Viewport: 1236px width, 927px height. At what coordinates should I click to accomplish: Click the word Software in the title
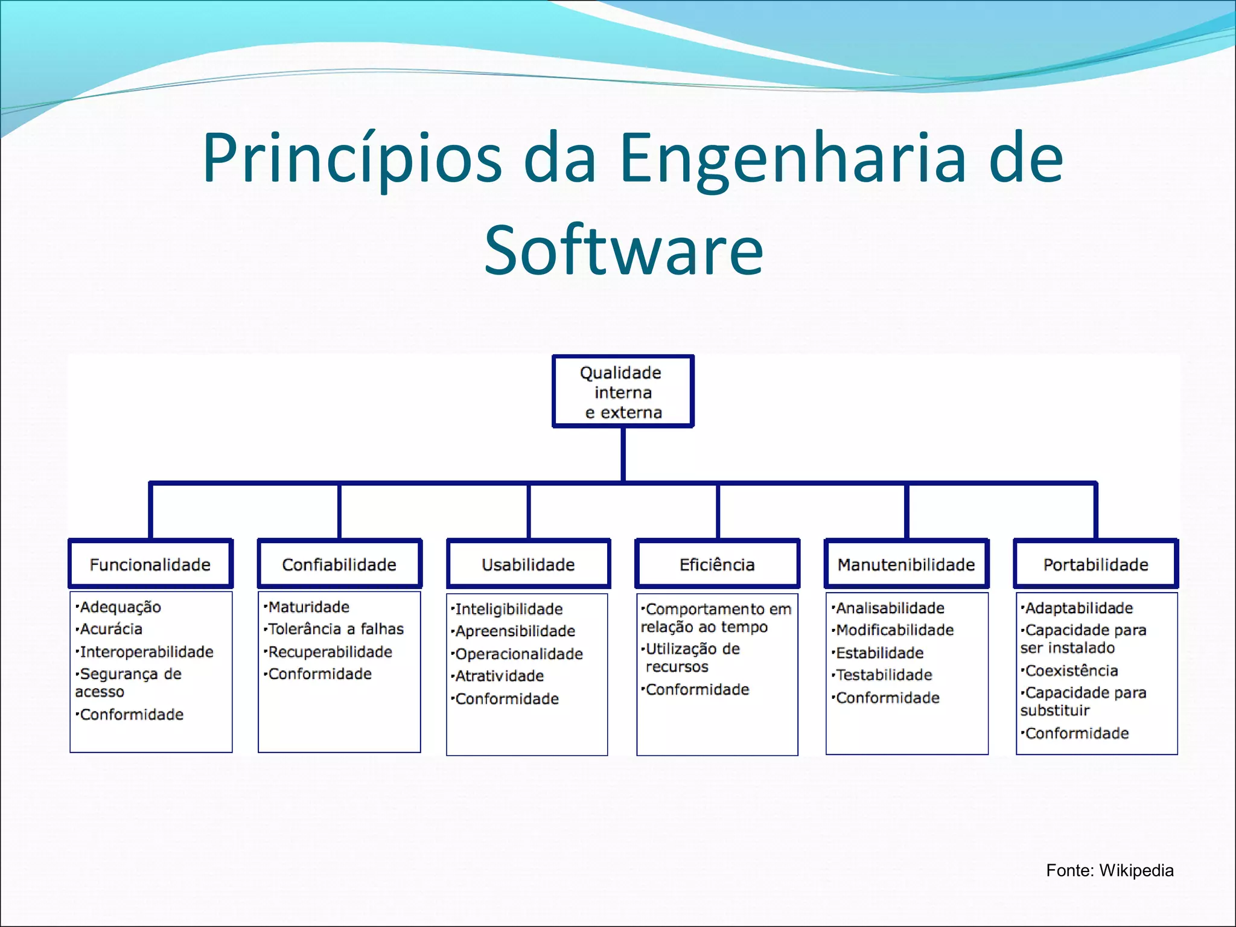623,250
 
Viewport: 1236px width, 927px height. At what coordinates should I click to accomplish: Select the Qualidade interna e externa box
622,392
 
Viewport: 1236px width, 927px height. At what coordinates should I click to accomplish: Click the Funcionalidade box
150,564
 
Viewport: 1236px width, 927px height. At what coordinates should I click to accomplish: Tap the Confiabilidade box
339,564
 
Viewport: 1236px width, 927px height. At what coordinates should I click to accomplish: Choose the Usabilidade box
528,564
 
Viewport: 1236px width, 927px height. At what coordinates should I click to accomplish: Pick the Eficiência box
717,564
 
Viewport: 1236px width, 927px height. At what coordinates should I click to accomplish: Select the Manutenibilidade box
906,564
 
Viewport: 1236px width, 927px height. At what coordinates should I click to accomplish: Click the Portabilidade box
1095,564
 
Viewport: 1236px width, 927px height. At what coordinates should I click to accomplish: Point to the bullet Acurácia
111,629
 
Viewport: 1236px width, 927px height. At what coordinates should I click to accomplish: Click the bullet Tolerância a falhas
336,629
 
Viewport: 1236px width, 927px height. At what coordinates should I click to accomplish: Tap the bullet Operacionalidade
519,654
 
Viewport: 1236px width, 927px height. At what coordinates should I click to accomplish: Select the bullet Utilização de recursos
692,657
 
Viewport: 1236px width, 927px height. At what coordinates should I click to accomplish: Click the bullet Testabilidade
884,675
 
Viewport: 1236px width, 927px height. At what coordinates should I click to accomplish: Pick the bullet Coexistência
1071,671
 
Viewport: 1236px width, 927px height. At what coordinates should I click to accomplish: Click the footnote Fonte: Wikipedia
1109,870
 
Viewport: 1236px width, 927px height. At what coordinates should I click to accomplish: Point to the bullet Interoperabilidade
146,652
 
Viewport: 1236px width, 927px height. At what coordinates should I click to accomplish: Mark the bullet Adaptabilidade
1078,608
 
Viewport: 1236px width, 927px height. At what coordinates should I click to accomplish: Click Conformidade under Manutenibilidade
887,698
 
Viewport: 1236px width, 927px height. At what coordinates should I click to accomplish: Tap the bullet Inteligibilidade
508,609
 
